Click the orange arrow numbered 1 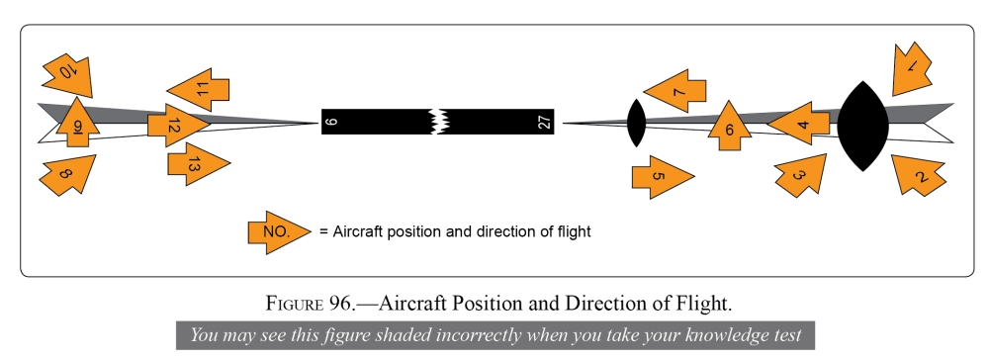pos(911,68)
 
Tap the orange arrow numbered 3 pos(801,176)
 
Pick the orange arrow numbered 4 pos(801,125)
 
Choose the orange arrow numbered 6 pos(729,127)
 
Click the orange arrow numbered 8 pos(66,175)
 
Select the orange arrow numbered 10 pos(68,73)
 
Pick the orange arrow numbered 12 pos(177,126)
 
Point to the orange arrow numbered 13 pos(197,165)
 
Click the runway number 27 pos(543,122)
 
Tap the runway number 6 pos(331,122)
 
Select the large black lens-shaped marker pos(863,125)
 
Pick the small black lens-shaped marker pos(636,123)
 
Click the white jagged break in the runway pos(436,122)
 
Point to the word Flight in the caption pos(708,302)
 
